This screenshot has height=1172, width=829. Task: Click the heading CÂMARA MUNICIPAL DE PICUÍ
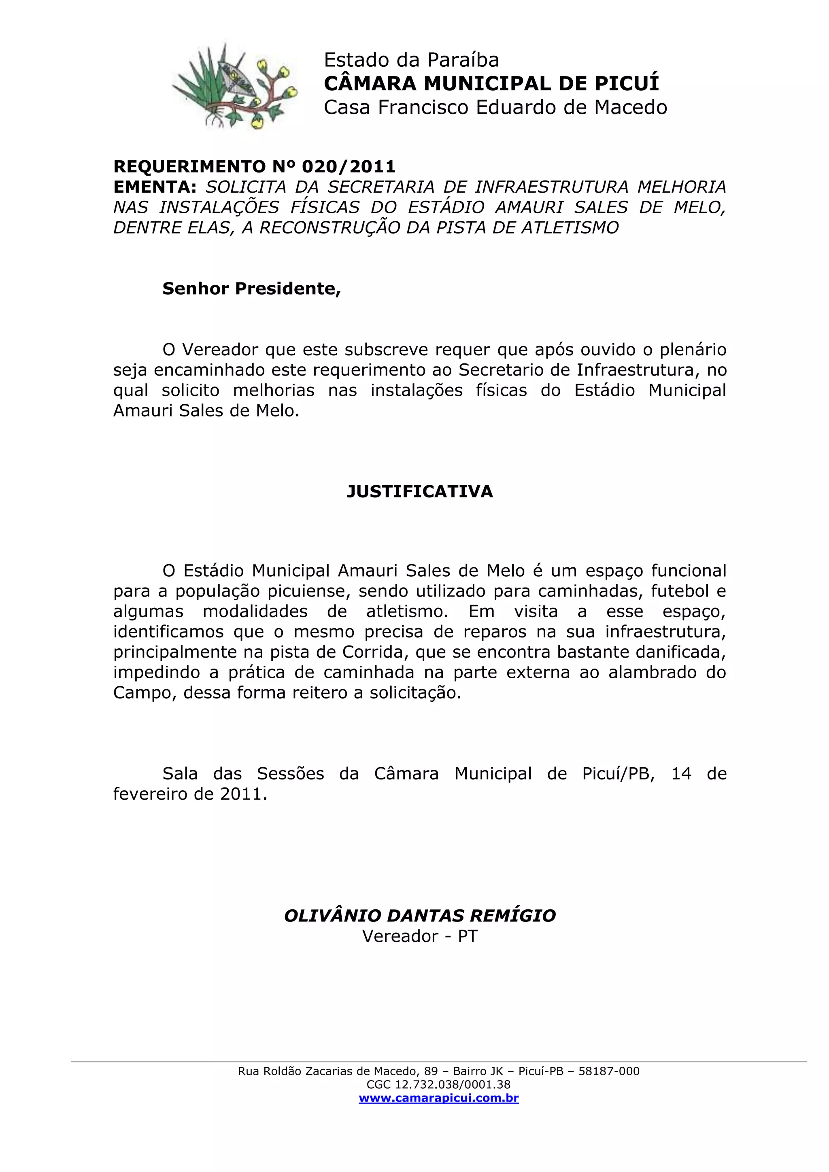point(491,83)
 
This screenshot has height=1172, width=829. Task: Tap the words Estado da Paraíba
point(411,60)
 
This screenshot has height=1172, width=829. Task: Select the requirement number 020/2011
point(349,166)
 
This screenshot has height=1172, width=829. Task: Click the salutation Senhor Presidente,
point(251,289)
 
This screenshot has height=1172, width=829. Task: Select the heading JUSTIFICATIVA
point(420,492)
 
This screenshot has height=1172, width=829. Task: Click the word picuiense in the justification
point(310,591)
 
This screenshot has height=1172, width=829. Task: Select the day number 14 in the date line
point(681,774)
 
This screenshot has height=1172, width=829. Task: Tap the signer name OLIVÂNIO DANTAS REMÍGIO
point(420,916)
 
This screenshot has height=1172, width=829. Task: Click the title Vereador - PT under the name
point(420,936)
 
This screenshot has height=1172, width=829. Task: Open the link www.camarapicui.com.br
point(438,1098)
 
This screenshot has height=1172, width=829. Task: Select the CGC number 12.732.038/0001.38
point(452,1085)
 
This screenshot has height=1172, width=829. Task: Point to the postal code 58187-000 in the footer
point(608,1071)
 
